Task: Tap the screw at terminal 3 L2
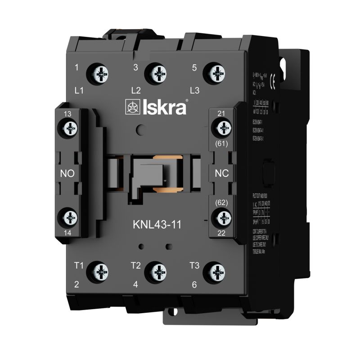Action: (158, 72)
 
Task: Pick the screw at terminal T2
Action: (158, 271)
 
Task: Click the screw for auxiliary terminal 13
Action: (70, 130)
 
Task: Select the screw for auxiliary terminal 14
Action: (70, 218)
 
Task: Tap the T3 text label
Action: (194, 265)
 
